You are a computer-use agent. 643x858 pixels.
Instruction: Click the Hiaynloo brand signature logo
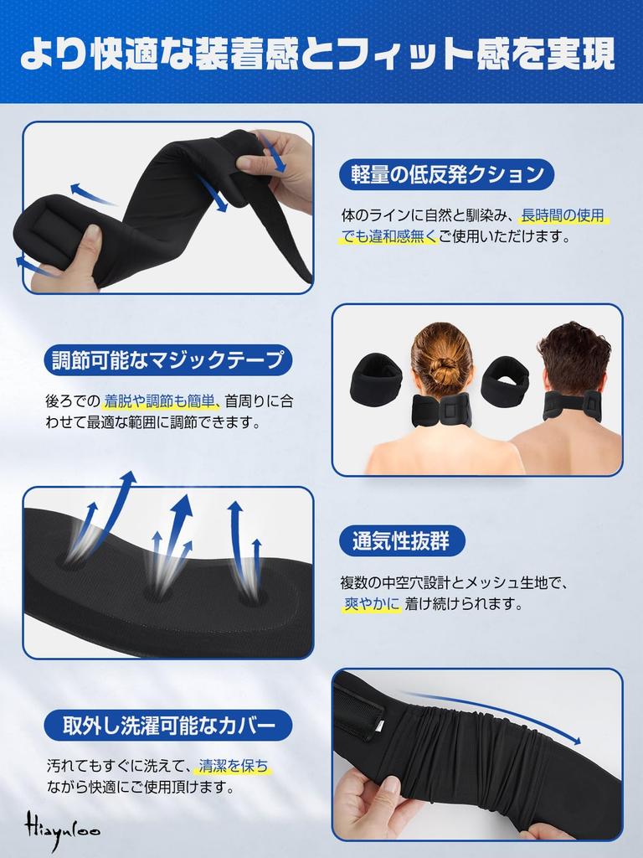click(59, 827)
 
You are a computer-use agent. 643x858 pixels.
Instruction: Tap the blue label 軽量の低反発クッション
click(446, 174)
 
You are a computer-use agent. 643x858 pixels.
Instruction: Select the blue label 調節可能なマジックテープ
click(168, 360)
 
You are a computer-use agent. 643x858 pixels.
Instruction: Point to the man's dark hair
click(574, 356)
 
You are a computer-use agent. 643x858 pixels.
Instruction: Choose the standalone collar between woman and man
click(504, 380)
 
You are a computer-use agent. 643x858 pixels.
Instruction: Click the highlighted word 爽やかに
click(371, 603)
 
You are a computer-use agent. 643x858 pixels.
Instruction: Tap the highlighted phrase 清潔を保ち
click(234, 766)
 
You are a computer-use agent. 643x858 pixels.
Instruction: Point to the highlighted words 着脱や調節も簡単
click(162, 401)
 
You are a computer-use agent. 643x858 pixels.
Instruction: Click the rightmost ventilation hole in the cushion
click(249, 597)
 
